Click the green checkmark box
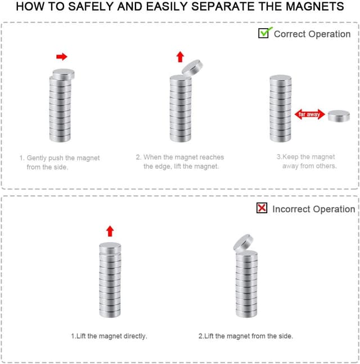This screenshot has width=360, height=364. tap(264, 33)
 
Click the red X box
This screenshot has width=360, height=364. tap(262, 208)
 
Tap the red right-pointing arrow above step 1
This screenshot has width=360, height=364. tap(62, 56)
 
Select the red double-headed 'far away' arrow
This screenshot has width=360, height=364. tap(309, 114)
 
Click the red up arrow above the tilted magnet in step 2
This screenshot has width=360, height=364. tap(180, 57)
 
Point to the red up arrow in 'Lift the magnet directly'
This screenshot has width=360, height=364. tap(110, 231)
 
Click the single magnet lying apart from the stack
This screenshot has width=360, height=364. tap(339, 116)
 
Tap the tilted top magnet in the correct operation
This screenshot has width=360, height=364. tap(192, 68)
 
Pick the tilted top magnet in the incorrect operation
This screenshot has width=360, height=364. tap(243, 243)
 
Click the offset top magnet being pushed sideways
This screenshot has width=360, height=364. tap(64, 74)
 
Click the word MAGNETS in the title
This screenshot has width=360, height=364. tap(315, 6)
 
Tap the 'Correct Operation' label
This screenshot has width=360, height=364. tap(312, 34)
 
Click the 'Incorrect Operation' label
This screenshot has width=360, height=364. tap(313, 209)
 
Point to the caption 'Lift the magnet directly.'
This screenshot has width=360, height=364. tap(109, 336)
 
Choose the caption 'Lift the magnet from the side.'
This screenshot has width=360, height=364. tap(246, 336)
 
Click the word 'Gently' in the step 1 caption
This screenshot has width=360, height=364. tap(37, 158)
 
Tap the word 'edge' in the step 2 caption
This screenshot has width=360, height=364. tap(163, 167)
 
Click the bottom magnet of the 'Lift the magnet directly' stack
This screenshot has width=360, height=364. tap(110, 312)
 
